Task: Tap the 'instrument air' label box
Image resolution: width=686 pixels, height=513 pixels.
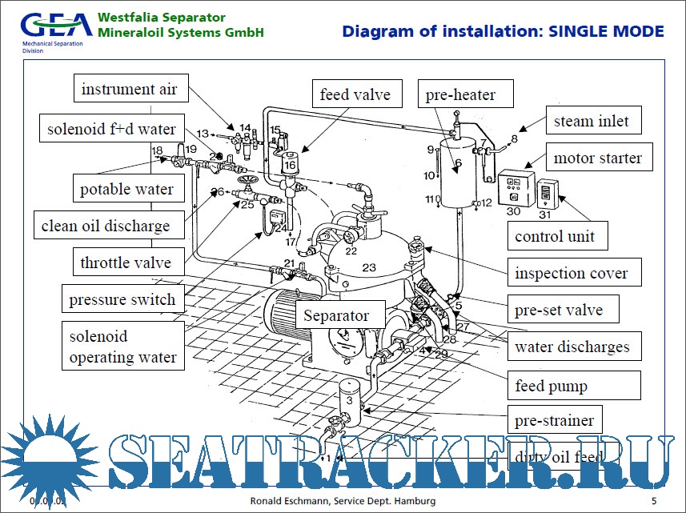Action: pyautogui.click(x=129, y=89)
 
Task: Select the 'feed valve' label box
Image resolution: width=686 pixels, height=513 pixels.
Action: pyautogui.click(x=355, y=94)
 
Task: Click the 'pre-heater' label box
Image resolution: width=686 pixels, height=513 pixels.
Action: pyautogui.click(x=460, y=95)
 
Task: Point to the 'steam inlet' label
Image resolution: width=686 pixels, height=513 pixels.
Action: pyautogui.click(x=592, y=122)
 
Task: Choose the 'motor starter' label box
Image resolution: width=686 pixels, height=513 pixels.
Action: pyautogui.click(x=597, y=158)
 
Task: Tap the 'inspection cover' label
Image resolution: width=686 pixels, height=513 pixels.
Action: pyautogui.click(x=571, y=273)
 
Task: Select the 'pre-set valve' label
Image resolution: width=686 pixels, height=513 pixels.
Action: pyautogui.click(x=559, y=310)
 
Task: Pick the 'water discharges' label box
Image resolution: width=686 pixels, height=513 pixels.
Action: pyautogui.click(x=572, y=347)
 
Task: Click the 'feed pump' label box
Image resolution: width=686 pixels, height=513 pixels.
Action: pyautogui.click(x=551, y=386)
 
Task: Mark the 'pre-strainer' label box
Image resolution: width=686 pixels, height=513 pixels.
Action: pyautogui.click(x=554, y=420)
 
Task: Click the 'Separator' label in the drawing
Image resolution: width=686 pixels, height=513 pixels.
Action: pyautogui.click(x=336, y=315)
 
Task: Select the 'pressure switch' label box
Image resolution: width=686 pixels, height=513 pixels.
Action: pyautogui.click(x=122, y=300)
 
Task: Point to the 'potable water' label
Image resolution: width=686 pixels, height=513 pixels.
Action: pyautogui.click(x=126, y=190)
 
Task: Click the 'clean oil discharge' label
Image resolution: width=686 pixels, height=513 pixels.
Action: pyautogui.click(x=106, y=226)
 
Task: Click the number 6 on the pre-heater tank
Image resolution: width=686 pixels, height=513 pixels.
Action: pyautogui.click(x=458, y=164)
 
